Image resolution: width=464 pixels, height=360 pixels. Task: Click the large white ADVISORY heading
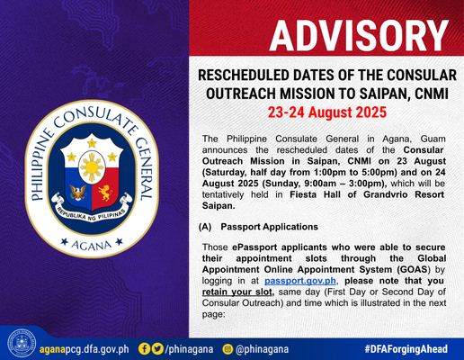pos(359,36)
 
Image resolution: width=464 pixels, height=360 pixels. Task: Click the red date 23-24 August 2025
pos(327,112)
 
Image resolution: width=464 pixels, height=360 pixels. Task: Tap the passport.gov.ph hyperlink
pos(300,281)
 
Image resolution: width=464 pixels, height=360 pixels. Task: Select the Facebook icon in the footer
pos(144,349)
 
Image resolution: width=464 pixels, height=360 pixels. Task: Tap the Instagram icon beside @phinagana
pos(228,349)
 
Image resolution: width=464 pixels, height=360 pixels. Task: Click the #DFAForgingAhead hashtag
pos(406,349)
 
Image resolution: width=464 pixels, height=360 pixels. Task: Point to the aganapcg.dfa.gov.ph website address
pos(85,349)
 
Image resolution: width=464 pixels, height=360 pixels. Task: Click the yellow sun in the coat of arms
pos(92,166)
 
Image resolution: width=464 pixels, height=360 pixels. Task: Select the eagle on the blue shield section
pos(78,193)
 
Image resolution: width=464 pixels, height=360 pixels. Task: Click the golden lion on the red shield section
pos(105,193)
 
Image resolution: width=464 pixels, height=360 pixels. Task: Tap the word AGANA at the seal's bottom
pos(92,245)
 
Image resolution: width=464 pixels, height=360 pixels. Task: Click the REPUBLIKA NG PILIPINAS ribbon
pos(92,209)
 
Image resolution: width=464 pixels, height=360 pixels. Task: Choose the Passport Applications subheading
pos(269,227)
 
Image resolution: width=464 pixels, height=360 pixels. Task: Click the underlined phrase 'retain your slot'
pos(237,292)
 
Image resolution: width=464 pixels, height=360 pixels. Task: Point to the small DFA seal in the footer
pos(22,344)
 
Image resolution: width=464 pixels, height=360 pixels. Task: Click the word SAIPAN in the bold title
pos(381,94)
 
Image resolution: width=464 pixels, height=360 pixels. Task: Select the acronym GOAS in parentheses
pos(413,269)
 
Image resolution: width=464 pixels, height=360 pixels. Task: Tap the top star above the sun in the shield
pos(92,142)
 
